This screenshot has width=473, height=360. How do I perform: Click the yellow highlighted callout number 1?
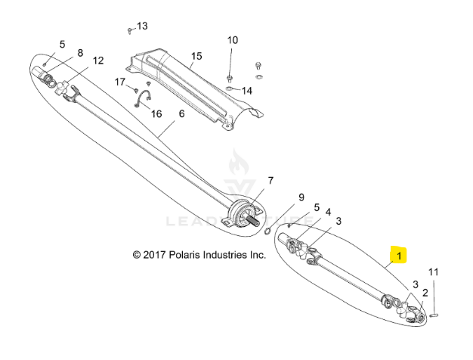click(x=398, y=254)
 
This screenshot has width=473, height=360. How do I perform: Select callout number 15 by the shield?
click(x=196, y=57)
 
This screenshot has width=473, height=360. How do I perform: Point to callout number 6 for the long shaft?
click(x=181, y=114)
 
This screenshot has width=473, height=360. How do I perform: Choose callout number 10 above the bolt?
click(x=233, y=40)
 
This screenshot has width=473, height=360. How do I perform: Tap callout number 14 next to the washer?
click(x=247, y=91)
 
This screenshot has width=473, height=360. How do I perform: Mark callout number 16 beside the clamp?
click(x=156, y=114)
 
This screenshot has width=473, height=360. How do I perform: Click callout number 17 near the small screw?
click(x=120, y=81)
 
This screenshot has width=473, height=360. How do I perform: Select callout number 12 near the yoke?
click(x=98, y=61)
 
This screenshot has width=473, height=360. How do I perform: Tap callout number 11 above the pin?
click(x=433, y=272)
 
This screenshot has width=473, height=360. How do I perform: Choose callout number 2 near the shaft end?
click(x=425, y=292)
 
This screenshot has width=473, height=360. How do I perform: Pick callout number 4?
click(x=328, y=213)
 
